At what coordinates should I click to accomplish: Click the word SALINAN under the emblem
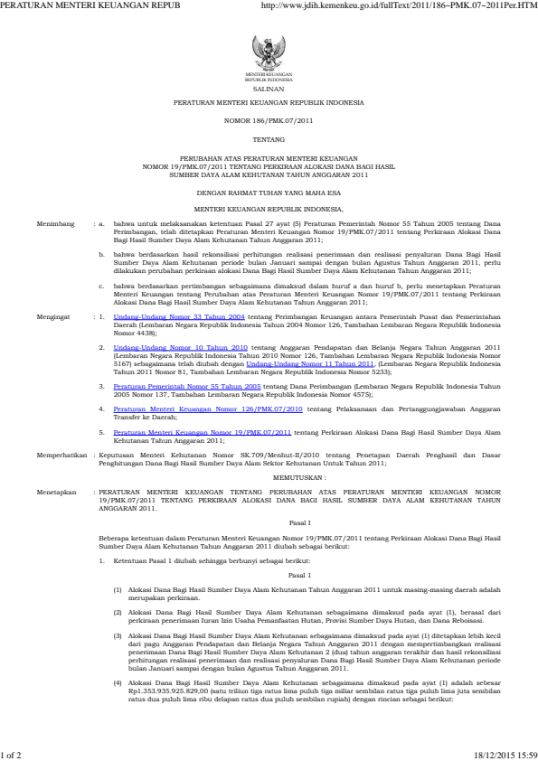point(268,89)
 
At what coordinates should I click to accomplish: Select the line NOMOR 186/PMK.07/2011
point(269,119)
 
